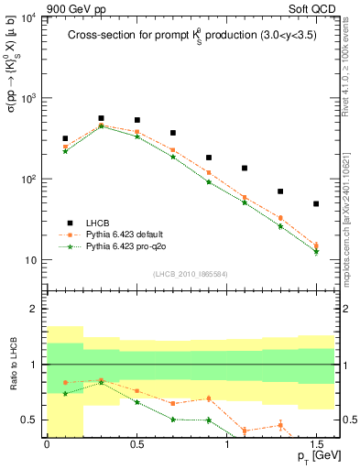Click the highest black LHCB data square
101,118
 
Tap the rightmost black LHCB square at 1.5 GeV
316,203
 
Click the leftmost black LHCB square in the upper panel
65,138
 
